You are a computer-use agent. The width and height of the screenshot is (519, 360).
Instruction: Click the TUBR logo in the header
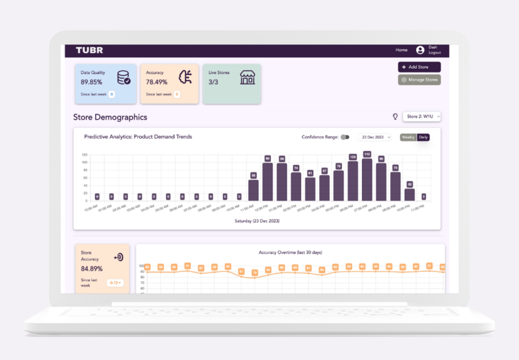[x=89, y=50]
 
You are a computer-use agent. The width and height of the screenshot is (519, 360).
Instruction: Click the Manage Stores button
[x=419, y=80]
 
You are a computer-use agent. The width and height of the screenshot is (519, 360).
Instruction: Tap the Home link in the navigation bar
[x=401, y=50]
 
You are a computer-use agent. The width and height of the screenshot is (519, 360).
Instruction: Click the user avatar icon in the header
[x=420, y=50]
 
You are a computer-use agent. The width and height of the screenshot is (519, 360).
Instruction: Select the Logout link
[x=434, y=53]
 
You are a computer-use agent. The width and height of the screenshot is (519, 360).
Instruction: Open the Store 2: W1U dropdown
[x=421, y=116]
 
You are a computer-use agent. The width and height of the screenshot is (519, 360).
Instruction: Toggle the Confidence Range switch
[x=345, y=137]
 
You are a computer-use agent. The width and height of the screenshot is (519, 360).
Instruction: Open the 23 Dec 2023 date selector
[x=375, y=137]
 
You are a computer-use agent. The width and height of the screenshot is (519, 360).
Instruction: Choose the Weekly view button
[x=408, y=137]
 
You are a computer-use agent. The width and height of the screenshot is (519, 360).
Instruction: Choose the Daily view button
[x=423, y=137]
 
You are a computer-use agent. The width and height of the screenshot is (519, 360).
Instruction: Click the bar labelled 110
[x=367, y=180]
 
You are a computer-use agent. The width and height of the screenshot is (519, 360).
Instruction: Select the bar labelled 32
[x=410, y=195]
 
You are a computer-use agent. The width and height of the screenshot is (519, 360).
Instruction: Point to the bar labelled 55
[x=253, y=190]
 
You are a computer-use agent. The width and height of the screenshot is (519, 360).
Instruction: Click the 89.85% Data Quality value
[x=91, y=82]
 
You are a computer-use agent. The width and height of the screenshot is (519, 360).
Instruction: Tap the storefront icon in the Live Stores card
[x=247, y=78]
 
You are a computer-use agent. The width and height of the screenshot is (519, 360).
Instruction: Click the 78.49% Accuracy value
[x=157, y=82]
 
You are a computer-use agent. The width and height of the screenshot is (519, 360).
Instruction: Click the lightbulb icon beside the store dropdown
[x=395, y=116]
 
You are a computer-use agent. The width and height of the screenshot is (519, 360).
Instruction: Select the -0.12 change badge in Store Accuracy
[x=115, y=283]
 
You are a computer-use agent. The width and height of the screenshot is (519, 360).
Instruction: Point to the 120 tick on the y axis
[x=85, y=155]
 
